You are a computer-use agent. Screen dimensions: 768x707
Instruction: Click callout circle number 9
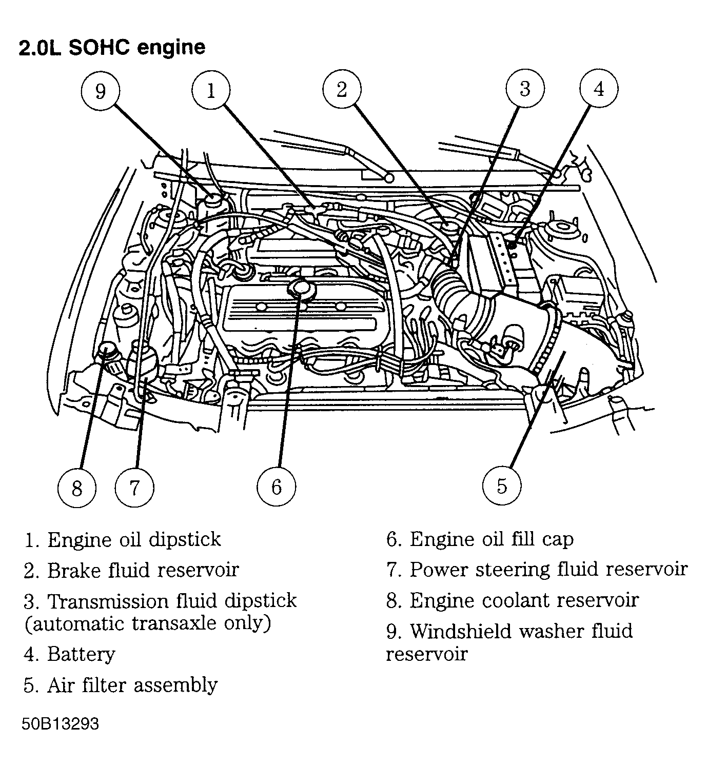[x=101, y=91]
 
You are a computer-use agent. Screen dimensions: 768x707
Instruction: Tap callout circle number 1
[x=211, y=91]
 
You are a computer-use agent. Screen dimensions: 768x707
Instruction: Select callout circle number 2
[x=342, y=89]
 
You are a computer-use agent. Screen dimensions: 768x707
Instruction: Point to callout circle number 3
[x=524, y=88]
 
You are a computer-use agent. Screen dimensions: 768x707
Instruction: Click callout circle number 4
[x=599, y=89]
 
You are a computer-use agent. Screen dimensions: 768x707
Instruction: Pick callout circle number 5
[x=502, y=485]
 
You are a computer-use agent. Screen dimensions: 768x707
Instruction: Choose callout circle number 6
[x=277, y=486]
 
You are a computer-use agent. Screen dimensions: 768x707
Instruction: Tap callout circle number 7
[x=134, y=487]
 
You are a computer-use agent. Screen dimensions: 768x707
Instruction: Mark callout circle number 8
[x=77, y=488]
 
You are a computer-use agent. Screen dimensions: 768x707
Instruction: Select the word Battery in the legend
[x=81, y=654]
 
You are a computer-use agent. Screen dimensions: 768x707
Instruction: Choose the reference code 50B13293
[x=60, y=724]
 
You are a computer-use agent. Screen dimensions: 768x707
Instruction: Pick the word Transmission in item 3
[x=109, y=601]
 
